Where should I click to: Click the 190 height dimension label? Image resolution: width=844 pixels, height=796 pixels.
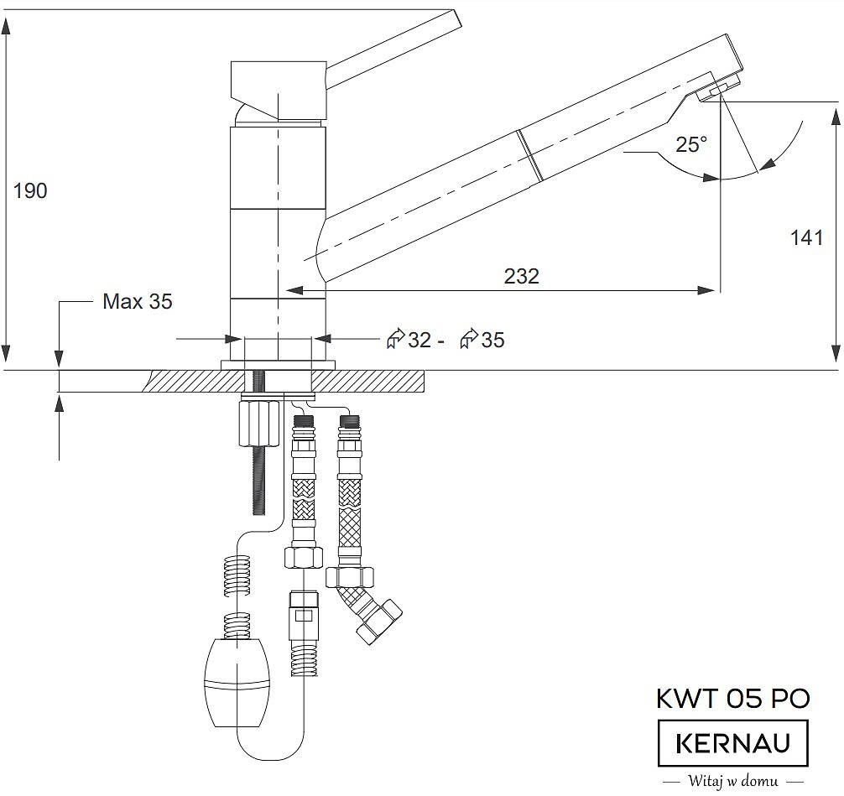tap(30, 190)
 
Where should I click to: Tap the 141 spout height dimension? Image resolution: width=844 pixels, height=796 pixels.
tap(806, 237)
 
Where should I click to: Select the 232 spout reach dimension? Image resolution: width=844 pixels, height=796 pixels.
tap(522, 276)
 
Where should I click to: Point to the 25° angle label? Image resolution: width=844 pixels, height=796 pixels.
tap(691, 144)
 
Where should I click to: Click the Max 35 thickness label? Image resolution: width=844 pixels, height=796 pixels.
tap(138, 301)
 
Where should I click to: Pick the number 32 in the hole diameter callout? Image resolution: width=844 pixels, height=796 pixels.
tap(419, 341)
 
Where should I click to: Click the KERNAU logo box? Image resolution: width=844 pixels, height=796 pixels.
tap(733, 743)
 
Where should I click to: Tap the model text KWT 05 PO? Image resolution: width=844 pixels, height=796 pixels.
tap(733, 699)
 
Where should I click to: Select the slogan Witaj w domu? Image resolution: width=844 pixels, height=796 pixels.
tap(733, 780)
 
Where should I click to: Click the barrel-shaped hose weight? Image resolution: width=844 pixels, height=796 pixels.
tap(237, 683)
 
